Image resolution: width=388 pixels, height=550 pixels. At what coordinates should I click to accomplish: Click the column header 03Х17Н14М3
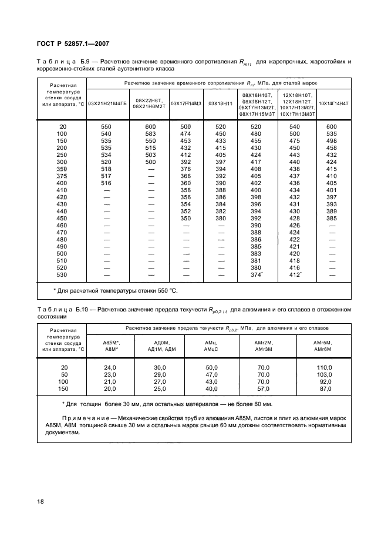point(185,104)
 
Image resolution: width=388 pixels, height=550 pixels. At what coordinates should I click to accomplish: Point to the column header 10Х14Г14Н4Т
point(333,104)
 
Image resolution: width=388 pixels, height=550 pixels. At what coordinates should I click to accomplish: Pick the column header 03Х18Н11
point(221,104)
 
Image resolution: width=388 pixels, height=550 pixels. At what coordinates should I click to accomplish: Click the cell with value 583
point(151,134)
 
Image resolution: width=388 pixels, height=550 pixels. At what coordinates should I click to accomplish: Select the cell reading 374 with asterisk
point(257,274)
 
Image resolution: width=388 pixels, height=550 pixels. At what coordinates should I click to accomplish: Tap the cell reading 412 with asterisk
point(296,274)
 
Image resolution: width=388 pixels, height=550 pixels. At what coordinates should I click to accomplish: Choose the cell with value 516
point(106,183)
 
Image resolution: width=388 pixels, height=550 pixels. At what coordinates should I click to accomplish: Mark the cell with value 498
point(332,141)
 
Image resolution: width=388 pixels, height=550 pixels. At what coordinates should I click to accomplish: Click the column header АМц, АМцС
point(212,346)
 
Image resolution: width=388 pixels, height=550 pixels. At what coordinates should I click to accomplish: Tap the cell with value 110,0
point(323,367)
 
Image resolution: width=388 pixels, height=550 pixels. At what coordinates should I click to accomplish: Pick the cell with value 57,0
point(264,388)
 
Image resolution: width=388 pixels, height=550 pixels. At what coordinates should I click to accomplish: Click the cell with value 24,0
point(110,367)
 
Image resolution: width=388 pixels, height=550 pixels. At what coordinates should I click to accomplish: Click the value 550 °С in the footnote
point(166,290)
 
